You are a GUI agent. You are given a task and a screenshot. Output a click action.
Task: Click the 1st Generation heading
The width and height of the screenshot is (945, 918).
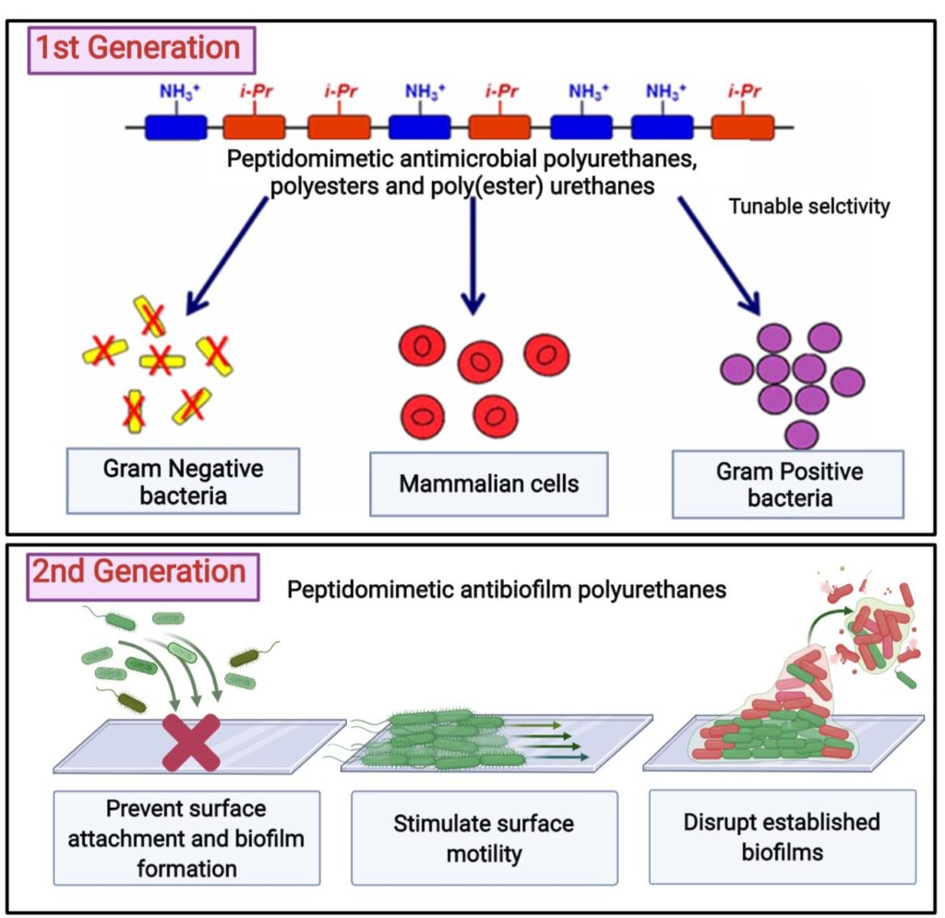pyautogui.click(x=141, y=50)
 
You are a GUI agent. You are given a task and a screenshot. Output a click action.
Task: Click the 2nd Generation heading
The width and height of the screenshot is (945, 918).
pyautogui.click(x=143, y=577)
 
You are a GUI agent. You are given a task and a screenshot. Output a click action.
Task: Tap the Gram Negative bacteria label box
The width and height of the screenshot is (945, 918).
pyautogui.click(x=184, y=481)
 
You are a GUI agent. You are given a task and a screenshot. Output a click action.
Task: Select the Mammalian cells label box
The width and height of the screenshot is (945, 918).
pyautogui.click(x=489, y=484)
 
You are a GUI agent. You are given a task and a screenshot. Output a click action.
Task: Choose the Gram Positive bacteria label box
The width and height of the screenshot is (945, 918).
pyautogui.click(x=788, y=484)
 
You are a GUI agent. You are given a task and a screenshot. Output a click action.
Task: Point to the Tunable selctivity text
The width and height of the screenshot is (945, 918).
pyautogui.click(x=808, y=207)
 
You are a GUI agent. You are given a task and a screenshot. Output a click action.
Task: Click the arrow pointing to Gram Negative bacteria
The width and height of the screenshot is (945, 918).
pyautogui.click(x=226, y=256)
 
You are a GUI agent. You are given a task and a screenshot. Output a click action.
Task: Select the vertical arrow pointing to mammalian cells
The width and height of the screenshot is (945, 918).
pyautogui.click(x=473, y=256)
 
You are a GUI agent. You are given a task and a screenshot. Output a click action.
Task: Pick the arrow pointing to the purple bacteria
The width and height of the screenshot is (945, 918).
pyautogui.click(x=720, y=256)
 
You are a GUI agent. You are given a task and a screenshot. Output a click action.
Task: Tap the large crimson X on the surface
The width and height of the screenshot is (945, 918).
pyautogui.click(x=192, y=743)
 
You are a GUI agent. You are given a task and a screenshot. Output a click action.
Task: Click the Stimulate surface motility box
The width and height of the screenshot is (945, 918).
pyautogui.click(x=484, y=838)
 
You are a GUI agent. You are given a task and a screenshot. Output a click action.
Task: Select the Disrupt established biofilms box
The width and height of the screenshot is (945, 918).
pyautogui.click(x=783, y=837)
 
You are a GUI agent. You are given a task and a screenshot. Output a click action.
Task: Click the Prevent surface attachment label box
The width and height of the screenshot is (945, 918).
pyautogui.click(x=186, y=838)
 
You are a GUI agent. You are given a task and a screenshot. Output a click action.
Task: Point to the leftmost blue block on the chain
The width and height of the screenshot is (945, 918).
pyautogui.click(x=176, y=127)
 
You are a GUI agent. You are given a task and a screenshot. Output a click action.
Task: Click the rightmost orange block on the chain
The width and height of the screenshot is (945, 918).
pyautogui.click(x=743, y=127)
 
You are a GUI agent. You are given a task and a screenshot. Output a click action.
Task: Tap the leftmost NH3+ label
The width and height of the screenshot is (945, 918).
pyautogui.click(x=179, y=91)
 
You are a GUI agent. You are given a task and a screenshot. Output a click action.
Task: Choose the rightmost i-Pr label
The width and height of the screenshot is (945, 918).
pyautogui.click(x=745, y=91)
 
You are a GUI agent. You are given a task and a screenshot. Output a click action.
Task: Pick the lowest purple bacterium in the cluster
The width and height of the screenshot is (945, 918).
pyautogui.click(x=802, y=435)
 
